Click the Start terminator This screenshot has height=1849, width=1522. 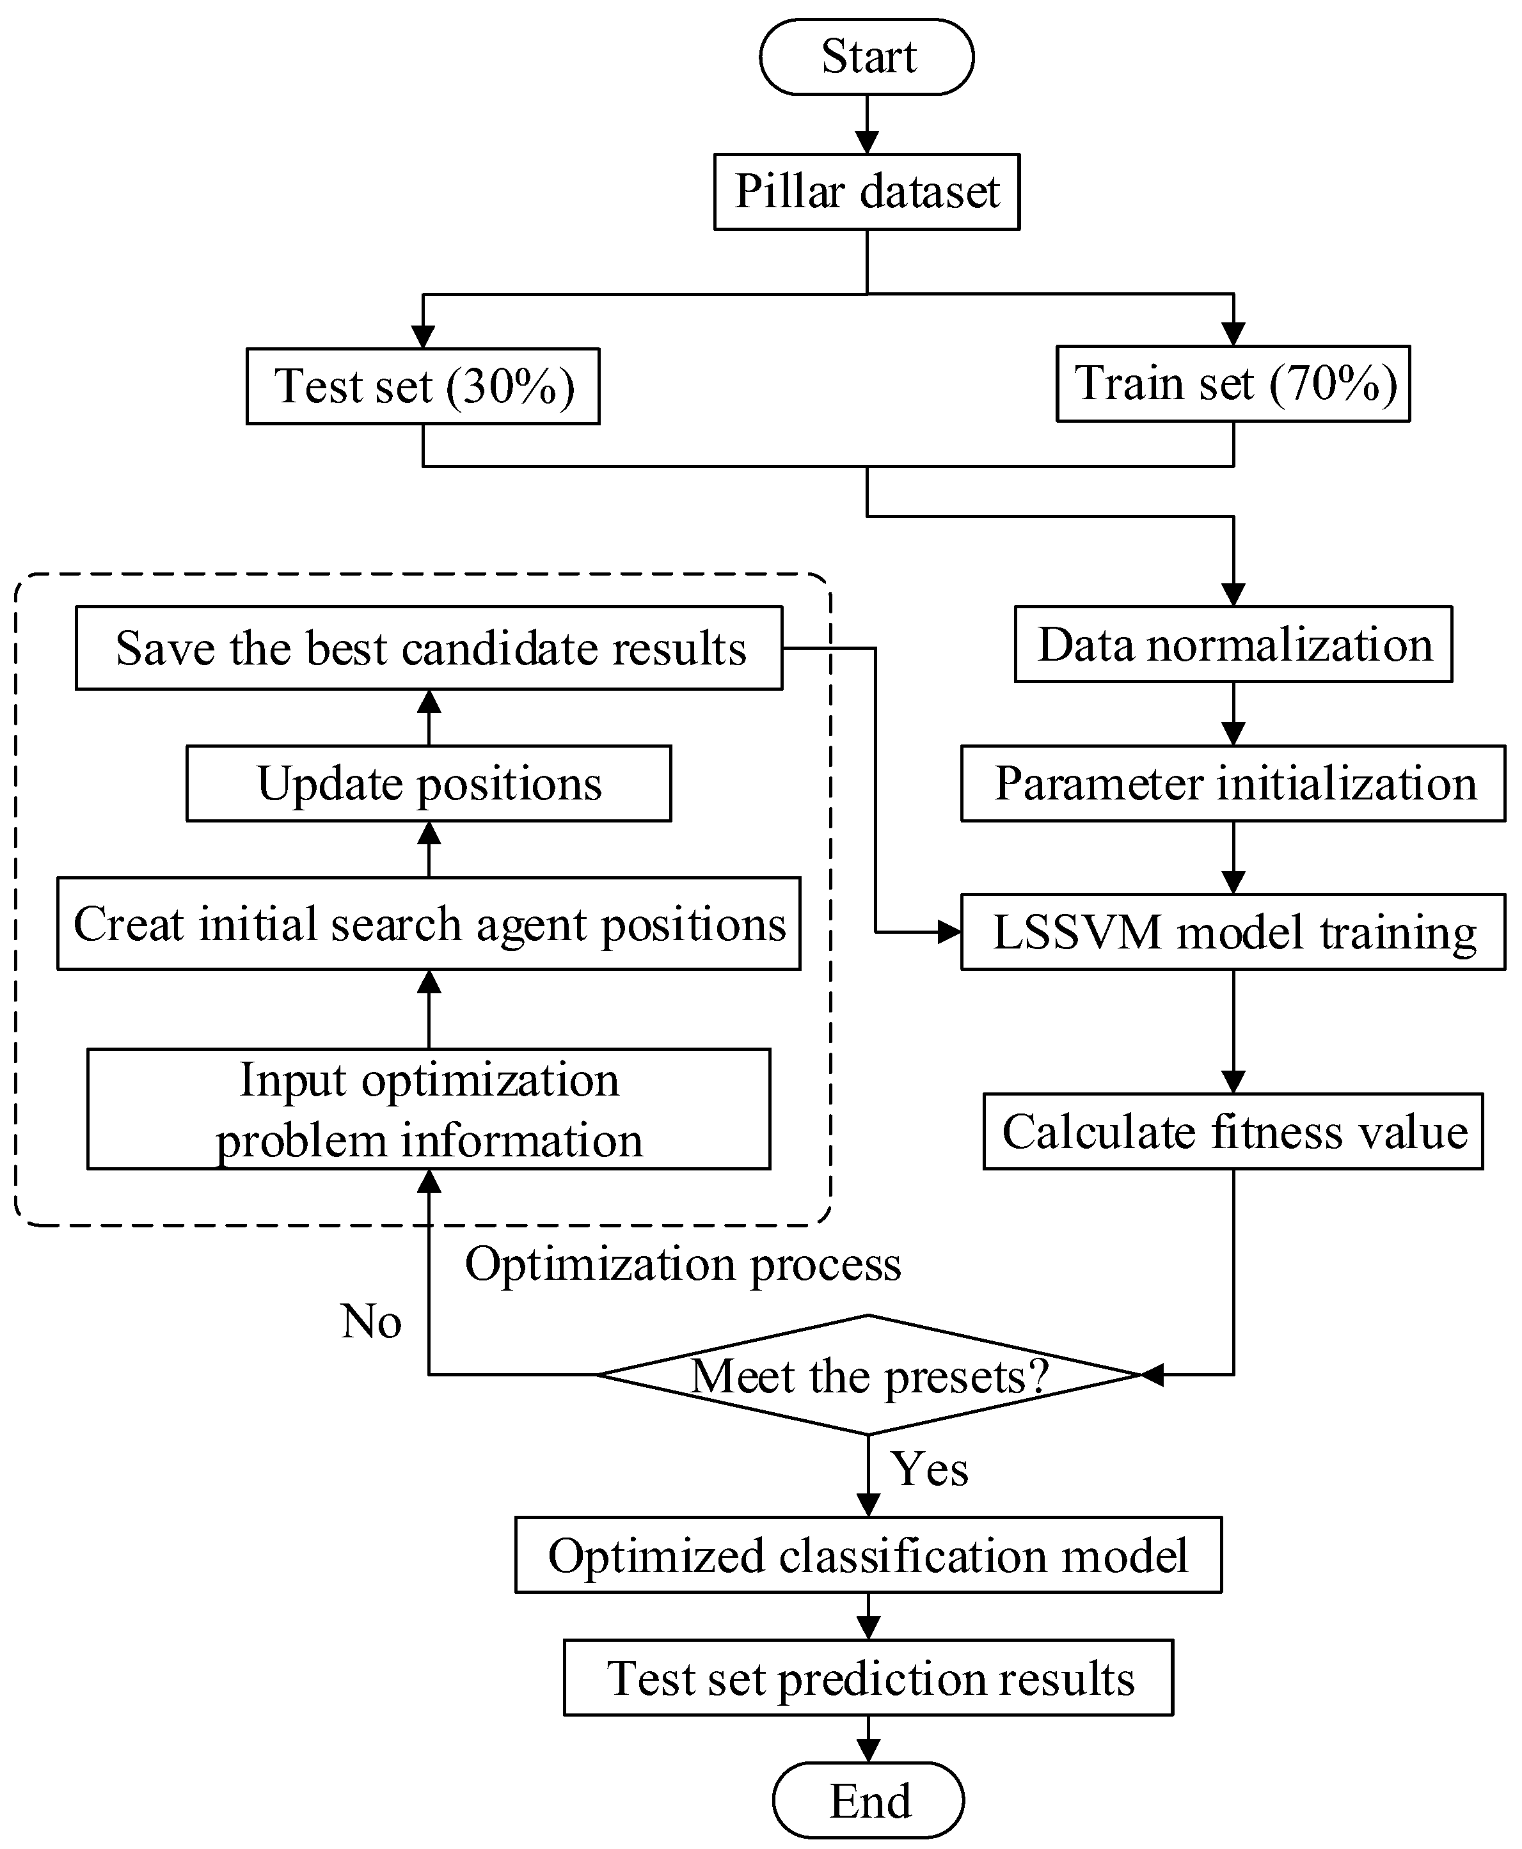[x=866, y=57]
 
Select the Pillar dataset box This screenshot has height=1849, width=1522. [x=866, y=192]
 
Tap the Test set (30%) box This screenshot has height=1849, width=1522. [x=423, y=386]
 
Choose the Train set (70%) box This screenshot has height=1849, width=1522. [x=1233, y=384]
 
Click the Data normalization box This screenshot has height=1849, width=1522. [x=1233, y=644]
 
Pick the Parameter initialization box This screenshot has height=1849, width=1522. [x=1233, y=783]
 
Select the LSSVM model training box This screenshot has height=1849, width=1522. [x=1233, y=931]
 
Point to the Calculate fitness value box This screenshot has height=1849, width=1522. [x=1233, y=1131]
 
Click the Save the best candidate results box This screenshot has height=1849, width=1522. [x=429, y=649]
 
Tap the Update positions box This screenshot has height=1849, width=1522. [x=429, y=783]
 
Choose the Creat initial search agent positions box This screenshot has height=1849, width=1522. [x=429, y=924]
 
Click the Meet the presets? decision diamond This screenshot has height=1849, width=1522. [x=868, y=1375]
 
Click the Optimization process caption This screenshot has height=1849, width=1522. [x=682, y=1264]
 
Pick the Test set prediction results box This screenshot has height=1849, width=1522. [x=868, y=1678]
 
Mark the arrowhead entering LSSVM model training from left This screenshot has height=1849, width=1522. [x=949, y=931]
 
